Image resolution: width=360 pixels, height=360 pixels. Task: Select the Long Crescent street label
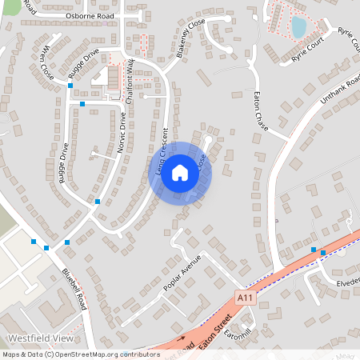(157, 153)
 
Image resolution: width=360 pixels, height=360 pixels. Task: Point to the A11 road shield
(246, 297)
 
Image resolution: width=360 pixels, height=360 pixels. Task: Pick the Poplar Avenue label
(180, 274)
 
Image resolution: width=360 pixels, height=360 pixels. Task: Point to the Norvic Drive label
(122, 132)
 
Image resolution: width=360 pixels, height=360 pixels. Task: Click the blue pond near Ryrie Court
(298, 28)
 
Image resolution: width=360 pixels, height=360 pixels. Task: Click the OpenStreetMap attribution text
(80, 354)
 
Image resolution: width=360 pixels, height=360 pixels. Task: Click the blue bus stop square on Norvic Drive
(98, 202)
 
